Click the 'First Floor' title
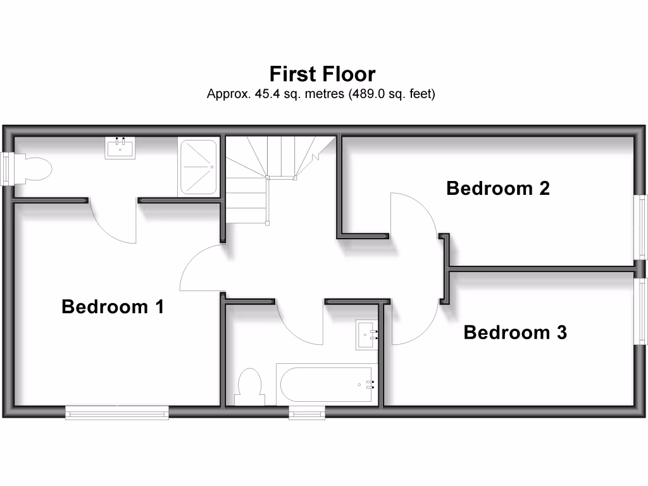tap(322, 74)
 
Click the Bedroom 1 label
tap(113, 307)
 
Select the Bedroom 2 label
tap(498, 189)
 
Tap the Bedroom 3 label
tap(515, 332)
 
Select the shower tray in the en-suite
tap(199, 167)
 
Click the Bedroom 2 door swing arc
tap(414, 215)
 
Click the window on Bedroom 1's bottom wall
tap(117, 413)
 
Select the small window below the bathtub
tap(307, 413)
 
